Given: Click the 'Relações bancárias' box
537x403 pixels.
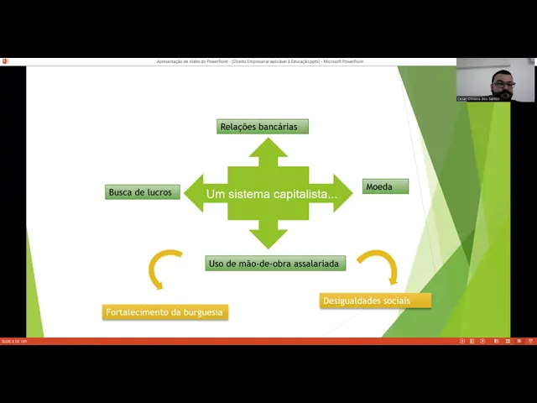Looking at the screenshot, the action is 263,127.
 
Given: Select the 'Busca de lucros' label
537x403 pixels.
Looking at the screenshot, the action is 140,192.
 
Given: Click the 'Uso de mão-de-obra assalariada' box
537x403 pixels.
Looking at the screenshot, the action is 275,264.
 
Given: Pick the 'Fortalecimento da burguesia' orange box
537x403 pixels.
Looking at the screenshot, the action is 165,312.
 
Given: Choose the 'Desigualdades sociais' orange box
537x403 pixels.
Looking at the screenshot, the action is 375,301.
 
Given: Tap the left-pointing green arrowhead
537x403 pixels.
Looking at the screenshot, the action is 195,193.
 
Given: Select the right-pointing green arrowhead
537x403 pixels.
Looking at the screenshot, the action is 342,193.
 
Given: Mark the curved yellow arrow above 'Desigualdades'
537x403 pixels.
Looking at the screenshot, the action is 379,264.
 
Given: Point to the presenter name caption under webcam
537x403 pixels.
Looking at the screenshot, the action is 478,98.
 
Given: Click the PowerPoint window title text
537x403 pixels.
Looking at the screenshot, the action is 260,61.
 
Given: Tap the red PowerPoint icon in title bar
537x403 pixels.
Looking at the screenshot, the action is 4,61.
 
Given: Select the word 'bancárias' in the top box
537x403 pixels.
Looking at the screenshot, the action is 278,127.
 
